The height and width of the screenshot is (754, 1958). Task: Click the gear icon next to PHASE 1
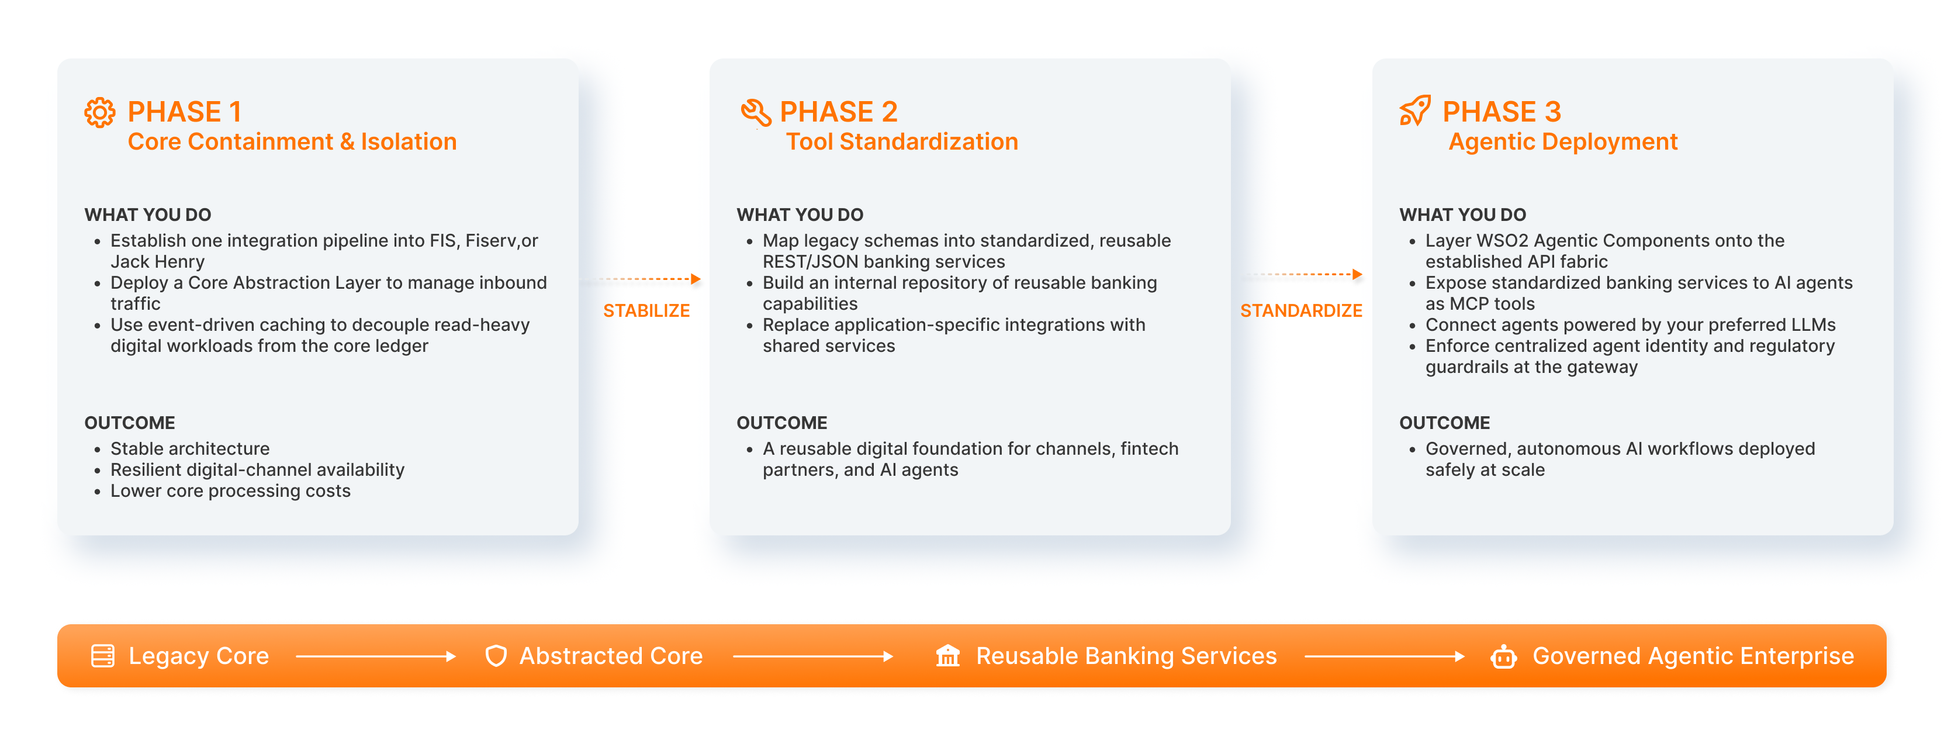pos(99,112)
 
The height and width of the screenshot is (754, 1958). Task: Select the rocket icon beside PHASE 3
pos(1415,111)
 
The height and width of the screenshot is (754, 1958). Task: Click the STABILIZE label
pos(646,311)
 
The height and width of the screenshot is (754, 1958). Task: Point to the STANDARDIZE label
pos(1301,311)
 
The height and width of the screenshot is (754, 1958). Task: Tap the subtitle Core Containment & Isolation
pos(292,142)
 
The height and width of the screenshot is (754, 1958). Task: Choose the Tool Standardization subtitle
pos(901,142)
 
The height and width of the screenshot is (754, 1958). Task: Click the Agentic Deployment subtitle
pos(1563,142)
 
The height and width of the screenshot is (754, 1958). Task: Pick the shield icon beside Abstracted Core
pos(496,656)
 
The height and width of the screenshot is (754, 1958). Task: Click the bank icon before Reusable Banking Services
pos(948,655)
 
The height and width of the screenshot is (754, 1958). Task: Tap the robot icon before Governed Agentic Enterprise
pos(1503,656)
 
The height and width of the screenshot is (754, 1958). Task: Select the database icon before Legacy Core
pos(103,656)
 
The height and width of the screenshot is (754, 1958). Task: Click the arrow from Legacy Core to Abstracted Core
pos(375,656)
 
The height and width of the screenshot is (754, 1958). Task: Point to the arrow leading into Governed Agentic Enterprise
pos(1384,656)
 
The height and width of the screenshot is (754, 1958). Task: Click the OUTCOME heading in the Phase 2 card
pos(781,423)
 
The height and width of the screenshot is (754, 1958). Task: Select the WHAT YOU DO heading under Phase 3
pos(1462,215)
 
